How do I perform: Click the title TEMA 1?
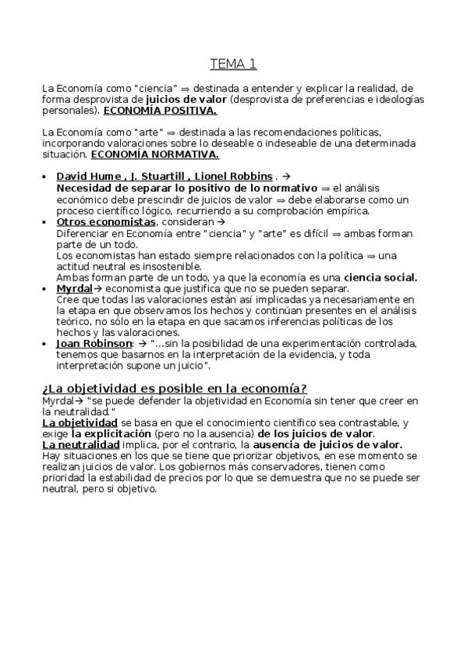(233, 64)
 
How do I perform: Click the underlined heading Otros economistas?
(107, 222)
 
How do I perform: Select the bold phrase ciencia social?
(380, 277)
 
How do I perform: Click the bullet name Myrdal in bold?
(75, 288)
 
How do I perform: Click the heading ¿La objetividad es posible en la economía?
(174, 388)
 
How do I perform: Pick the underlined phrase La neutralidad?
(81, 444)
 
